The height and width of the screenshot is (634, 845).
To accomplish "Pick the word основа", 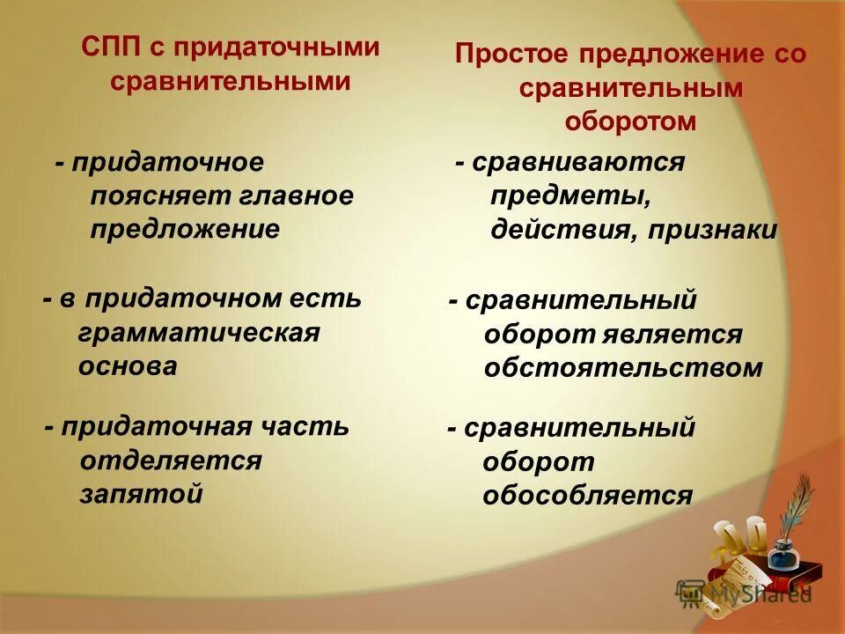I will point(128,365).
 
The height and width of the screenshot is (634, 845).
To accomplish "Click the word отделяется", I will point(171,461).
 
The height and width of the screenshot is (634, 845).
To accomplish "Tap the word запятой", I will point(142,493).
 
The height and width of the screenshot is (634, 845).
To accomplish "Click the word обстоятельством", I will point(623,368).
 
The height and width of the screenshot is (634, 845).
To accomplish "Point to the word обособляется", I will point(587,496).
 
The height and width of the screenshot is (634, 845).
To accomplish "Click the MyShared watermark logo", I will point(744,594).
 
